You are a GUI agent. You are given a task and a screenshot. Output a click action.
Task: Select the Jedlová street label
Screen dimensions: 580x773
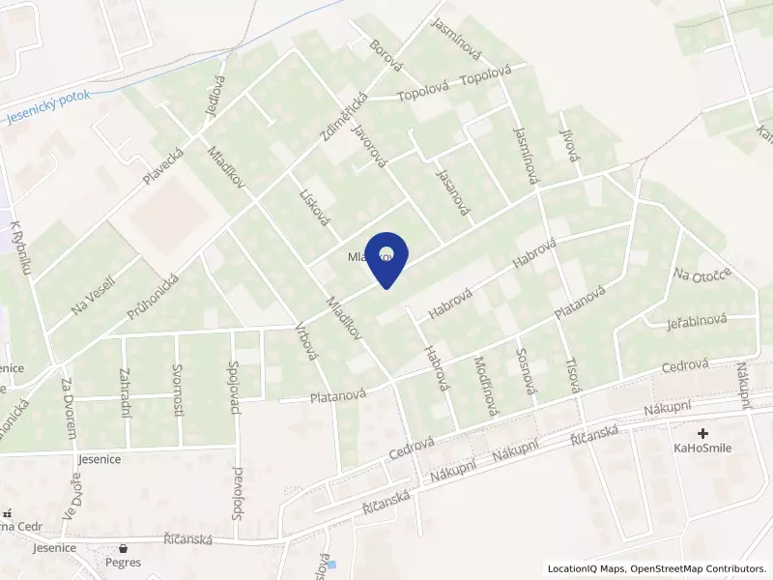(214, 97)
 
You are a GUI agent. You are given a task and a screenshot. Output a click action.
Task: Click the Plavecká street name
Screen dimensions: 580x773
(162, 166)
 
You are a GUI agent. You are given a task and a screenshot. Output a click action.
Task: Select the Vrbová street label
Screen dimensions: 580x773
(306, 339)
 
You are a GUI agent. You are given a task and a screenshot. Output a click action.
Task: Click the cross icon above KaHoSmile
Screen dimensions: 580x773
(702, 434)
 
